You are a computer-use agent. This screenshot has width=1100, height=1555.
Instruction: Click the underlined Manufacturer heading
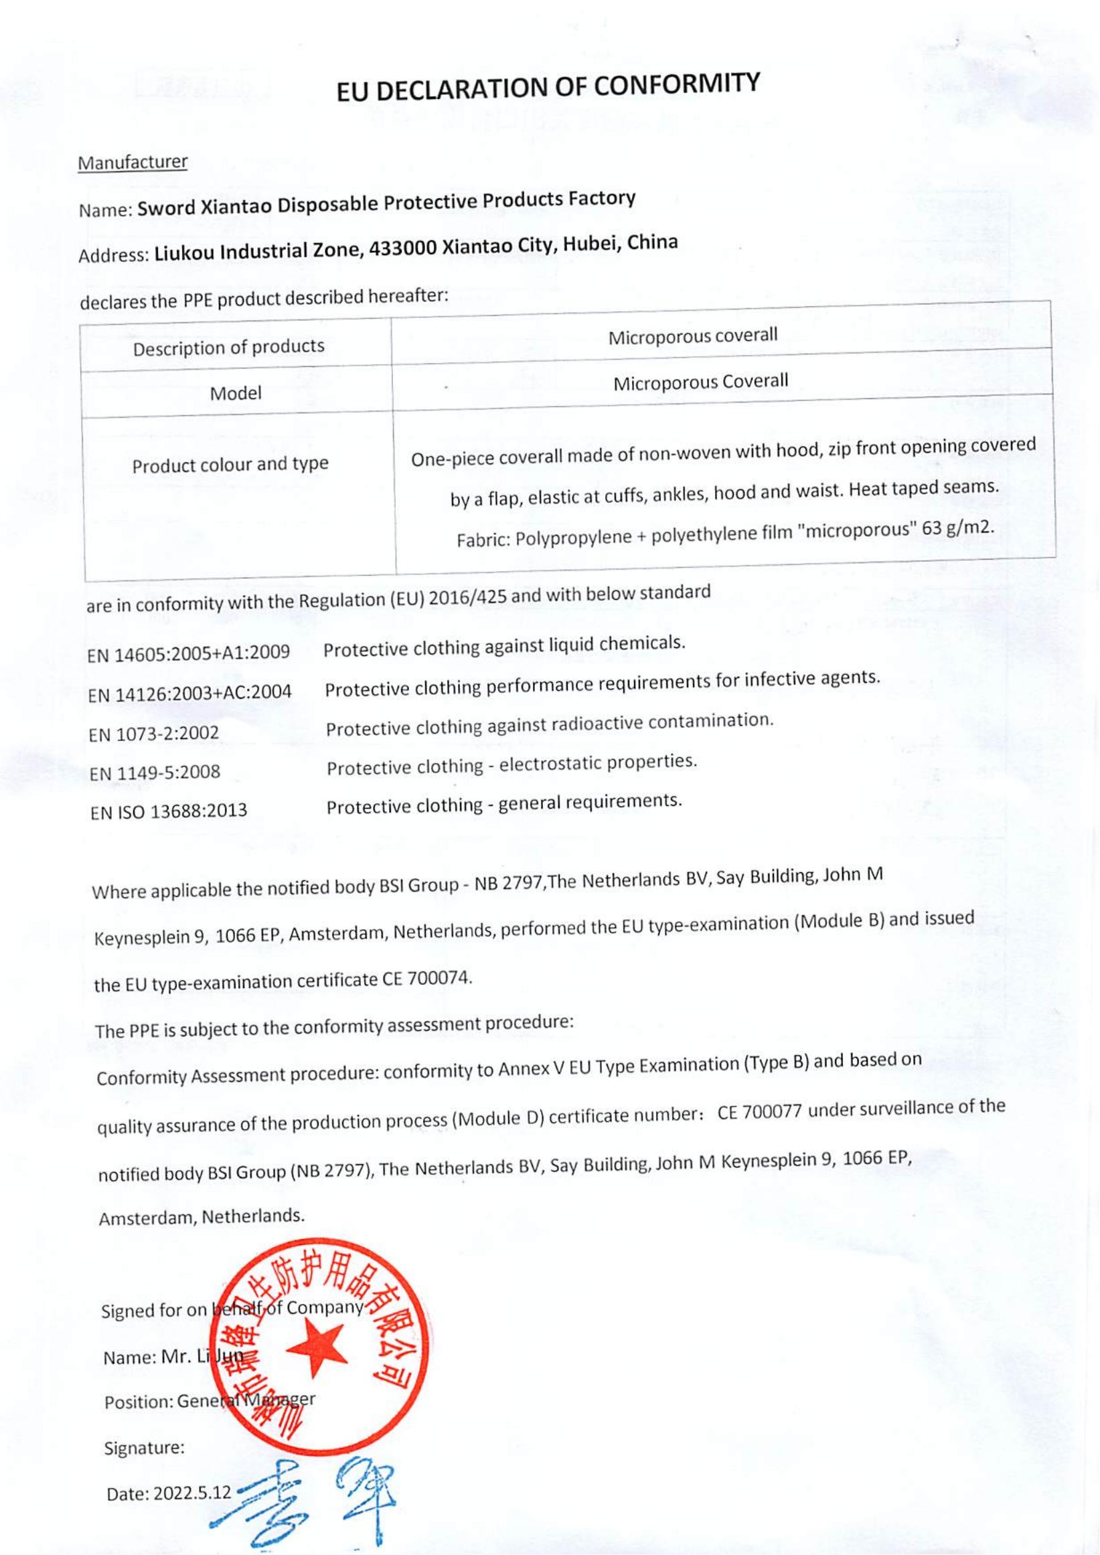pos(133,163)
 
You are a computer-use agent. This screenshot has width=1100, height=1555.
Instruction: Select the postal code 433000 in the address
pos(404,250)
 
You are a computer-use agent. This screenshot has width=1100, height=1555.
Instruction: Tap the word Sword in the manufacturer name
pos(166,208)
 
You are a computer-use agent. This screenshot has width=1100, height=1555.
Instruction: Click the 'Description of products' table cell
pos(228,347)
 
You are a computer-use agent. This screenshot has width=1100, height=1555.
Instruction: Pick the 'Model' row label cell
pos(235,393)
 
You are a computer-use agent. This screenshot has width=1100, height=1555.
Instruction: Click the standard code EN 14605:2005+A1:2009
pos(188,653)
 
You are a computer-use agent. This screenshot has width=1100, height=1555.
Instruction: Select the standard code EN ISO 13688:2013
pos(169,811)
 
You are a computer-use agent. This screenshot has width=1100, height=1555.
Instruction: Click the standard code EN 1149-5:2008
pos(155,772)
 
